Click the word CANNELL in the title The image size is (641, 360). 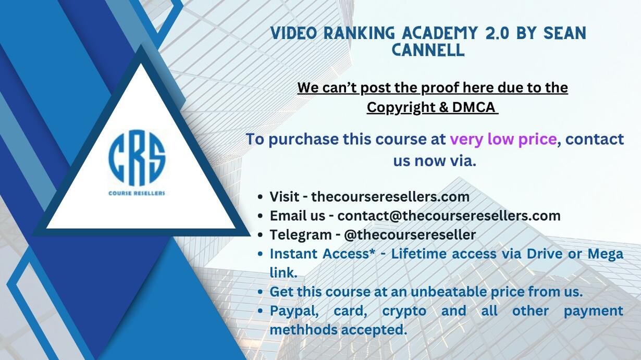pos(428,50)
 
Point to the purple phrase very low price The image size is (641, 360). pos(503,140)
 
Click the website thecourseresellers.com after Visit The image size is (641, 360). pos(390,196)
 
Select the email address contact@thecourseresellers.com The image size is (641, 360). pos(449,216)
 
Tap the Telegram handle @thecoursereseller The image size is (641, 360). pos(410,234)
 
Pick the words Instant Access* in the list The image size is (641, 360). pos(323,254)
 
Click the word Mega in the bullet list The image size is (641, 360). pos(605,254)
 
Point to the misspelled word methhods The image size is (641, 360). pos(303,330)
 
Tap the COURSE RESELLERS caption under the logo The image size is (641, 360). pos(137,193)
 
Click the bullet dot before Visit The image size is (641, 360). pos(260,197)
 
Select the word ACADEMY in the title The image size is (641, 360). pos(440,33)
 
